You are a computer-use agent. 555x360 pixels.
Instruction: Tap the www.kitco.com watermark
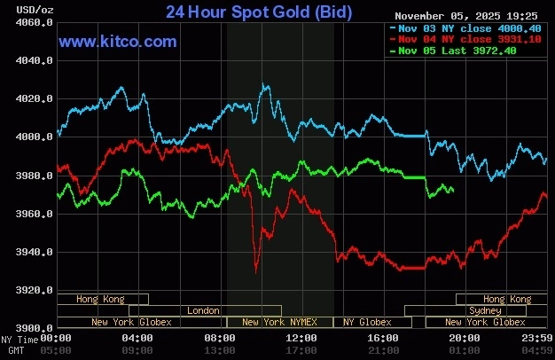pyautogui.click(x=118, y=42)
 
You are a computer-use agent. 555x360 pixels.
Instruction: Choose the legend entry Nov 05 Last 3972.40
pyautogui.click(x=452, y=51)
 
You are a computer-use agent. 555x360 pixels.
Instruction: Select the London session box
pyautogui.click(x=203, y=311)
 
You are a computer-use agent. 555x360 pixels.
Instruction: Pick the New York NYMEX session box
pyautogui.click(x=279, y=323)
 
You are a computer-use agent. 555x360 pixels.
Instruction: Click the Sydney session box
pyautogui.click(x=484, y=311)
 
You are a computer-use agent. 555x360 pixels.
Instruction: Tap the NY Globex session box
pyautogui.click(x=367, y=323)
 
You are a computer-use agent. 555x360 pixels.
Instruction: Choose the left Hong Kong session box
pyautogui.click(x=101, y=300)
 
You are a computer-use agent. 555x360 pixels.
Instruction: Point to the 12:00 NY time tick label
pyautogui.click(x=301, y=338)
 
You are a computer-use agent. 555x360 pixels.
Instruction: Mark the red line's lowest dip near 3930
pyautogui.click(x=256, y=270)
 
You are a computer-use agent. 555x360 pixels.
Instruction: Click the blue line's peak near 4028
pyautogui.click(x=263, y=84)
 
